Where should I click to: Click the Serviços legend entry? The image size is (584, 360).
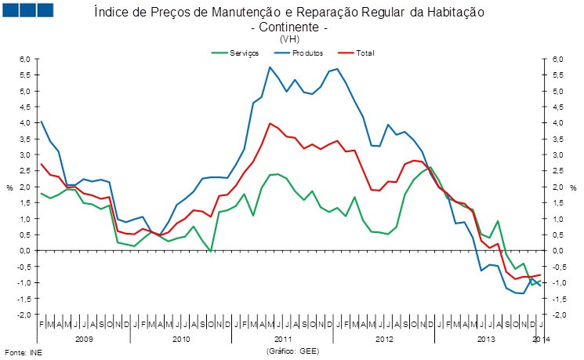(x=238, y=53)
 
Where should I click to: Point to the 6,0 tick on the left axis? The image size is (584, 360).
(x=24, y=60)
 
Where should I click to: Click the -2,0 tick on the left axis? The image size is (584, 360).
(x=24, y=315)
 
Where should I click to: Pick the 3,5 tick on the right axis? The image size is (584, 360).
(x=557, y=139)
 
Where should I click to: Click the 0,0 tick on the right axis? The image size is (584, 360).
(x=557, y=250)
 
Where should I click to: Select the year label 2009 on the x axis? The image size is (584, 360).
(x=85, y=340)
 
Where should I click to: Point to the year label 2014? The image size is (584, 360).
(x=540, y=340)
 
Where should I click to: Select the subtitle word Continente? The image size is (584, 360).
(x=287, y=27)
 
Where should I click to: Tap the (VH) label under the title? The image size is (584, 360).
(x=288, y=38)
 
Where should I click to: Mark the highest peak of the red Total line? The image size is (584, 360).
(x=270, y=123)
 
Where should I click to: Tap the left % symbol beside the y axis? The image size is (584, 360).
(x=9, y=187)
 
